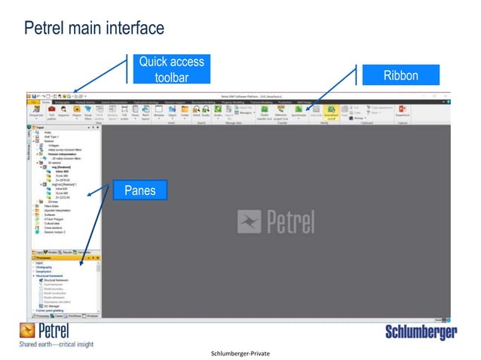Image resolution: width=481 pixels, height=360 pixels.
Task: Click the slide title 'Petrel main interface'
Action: (x=94, y=29)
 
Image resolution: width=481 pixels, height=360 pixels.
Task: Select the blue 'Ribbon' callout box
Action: (x=400, y=75)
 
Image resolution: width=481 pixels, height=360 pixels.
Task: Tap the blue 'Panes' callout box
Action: (x=139, y=191)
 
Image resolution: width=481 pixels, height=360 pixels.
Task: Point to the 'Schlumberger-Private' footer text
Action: (x=241, y=352)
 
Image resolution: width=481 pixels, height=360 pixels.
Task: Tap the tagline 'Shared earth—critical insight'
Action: (x=55, y=345)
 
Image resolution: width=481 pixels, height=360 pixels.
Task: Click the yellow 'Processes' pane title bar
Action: (x=64, y=256)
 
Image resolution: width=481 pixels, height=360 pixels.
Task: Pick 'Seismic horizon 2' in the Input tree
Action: (x=57, y=231)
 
